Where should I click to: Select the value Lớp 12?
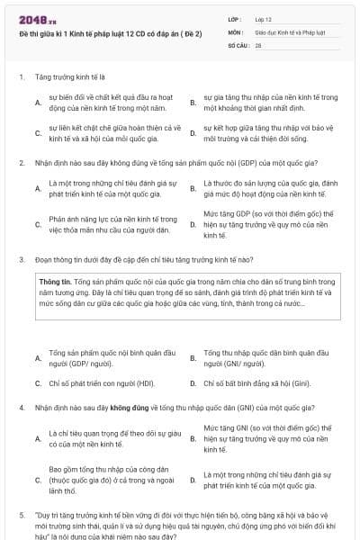(x=263, y=18)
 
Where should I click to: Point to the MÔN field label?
(x=235, y=31)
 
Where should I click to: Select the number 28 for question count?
(x=258, y=43)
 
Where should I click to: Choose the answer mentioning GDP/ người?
(x=89, y=357)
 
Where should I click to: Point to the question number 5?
(x=21, y=516)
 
